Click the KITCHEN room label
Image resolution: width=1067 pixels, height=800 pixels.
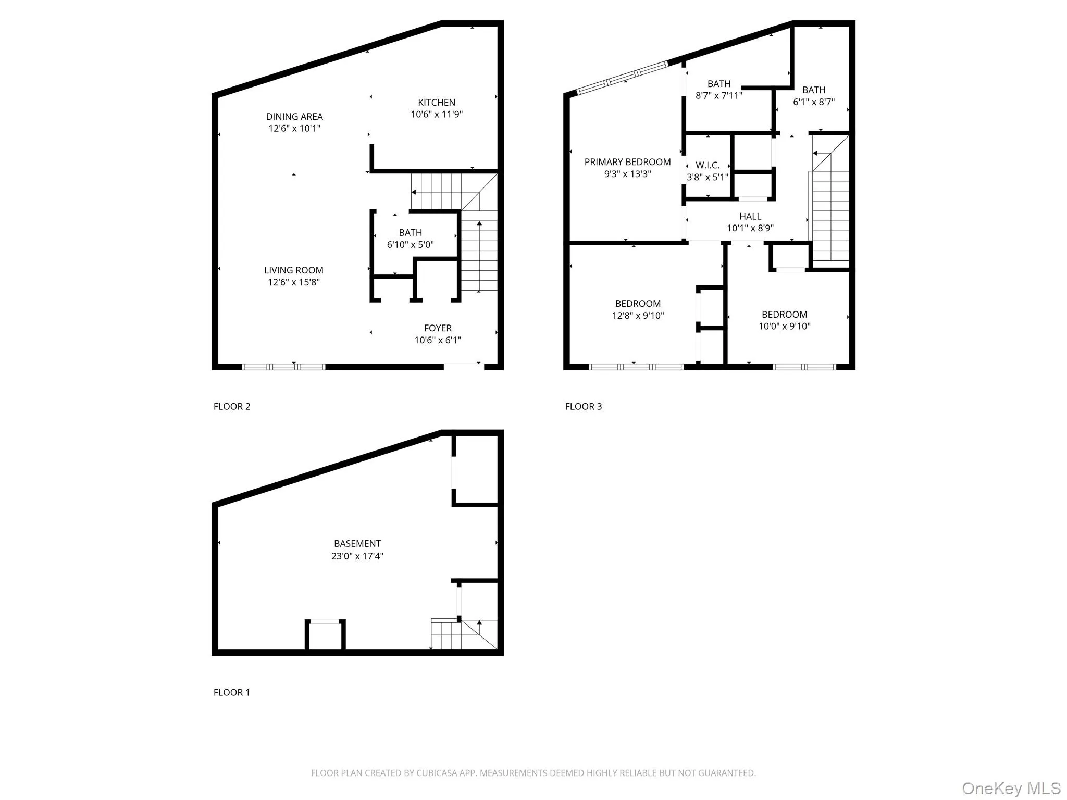437,103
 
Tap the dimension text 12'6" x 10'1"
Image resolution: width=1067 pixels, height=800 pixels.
294,129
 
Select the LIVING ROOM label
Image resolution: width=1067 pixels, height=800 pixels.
294,270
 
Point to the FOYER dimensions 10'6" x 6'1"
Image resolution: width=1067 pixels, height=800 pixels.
438,340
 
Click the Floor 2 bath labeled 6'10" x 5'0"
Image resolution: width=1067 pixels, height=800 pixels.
410,239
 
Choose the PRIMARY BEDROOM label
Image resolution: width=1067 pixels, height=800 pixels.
627,162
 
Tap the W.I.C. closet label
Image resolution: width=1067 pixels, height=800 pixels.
707,166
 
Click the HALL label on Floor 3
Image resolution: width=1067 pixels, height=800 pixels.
750,217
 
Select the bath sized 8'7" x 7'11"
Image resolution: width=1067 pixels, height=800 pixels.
718,90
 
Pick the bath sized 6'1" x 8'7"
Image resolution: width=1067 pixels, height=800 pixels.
813,96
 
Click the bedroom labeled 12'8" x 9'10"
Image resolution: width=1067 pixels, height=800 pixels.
638,309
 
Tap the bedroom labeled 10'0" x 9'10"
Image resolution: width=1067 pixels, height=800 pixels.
784,320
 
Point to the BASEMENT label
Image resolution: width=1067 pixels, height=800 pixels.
357,544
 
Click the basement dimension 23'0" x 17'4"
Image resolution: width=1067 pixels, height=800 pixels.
357,556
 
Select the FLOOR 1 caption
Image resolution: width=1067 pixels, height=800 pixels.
232,692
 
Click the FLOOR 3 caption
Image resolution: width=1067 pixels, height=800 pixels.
583,407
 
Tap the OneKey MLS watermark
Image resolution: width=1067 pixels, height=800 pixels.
1011,788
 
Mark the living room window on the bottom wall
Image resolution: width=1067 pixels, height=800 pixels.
284,367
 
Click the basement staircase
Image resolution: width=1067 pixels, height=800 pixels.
458,635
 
